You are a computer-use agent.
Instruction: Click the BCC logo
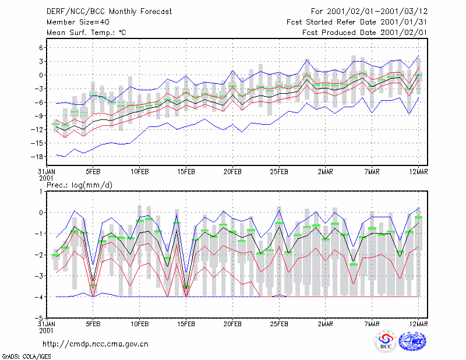coord(386,342)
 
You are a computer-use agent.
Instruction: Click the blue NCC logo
coord(413,341)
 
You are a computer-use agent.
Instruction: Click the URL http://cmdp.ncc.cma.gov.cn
coord(96,344)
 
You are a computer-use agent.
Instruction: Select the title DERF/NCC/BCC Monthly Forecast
coord(109,12)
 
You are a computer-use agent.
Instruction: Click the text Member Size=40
coord(78,22)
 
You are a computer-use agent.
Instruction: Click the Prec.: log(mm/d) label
coord(79,185)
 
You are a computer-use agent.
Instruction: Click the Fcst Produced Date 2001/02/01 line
coord(365,33)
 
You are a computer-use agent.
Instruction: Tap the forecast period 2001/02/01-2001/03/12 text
coord(377,12)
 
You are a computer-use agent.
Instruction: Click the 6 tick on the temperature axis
coord(41,48)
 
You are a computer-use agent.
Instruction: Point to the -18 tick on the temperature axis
coord(37,157)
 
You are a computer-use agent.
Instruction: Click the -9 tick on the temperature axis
coord(39,116)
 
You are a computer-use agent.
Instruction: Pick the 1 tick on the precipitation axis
coord(41,192)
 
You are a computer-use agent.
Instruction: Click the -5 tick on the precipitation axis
coord(39,318)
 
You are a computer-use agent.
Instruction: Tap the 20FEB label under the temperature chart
coord(232,172)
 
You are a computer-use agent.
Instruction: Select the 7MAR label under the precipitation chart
coord(372,324)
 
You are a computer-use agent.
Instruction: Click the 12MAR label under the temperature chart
coord(418,172)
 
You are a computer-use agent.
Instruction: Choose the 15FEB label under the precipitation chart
coord(186,324)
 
